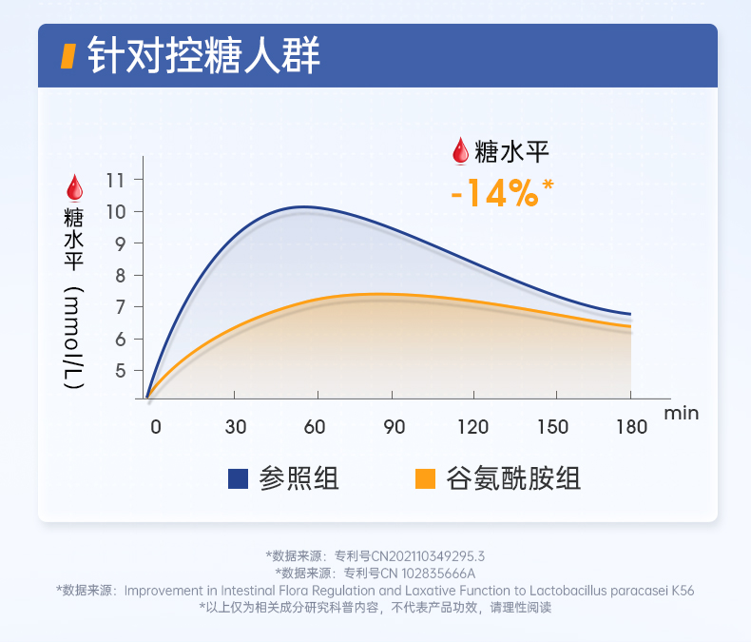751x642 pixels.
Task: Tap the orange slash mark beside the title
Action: [67, 56]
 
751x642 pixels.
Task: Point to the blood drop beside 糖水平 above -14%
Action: [460, 150]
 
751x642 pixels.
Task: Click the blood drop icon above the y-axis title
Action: [73, 185]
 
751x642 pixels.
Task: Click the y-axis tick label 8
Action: [120, 275]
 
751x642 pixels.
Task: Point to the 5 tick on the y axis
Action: [120, 371]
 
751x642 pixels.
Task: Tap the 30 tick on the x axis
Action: [236, 427]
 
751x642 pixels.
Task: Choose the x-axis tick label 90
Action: [395, 427]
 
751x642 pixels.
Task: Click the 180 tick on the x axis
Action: [630, 427]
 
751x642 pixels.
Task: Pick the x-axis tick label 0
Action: [157, 427]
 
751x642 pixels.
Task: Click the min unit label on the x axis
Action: [681, 413]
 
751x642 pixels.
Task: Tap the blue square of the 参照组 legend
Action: [239, 478]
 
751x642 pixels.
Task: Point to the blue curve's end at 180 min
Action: [630, 314]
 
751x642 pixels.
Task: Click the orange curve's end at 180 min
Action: [630, 326]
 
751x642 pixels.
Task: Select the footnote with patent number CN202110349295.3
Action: [375, 555]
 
